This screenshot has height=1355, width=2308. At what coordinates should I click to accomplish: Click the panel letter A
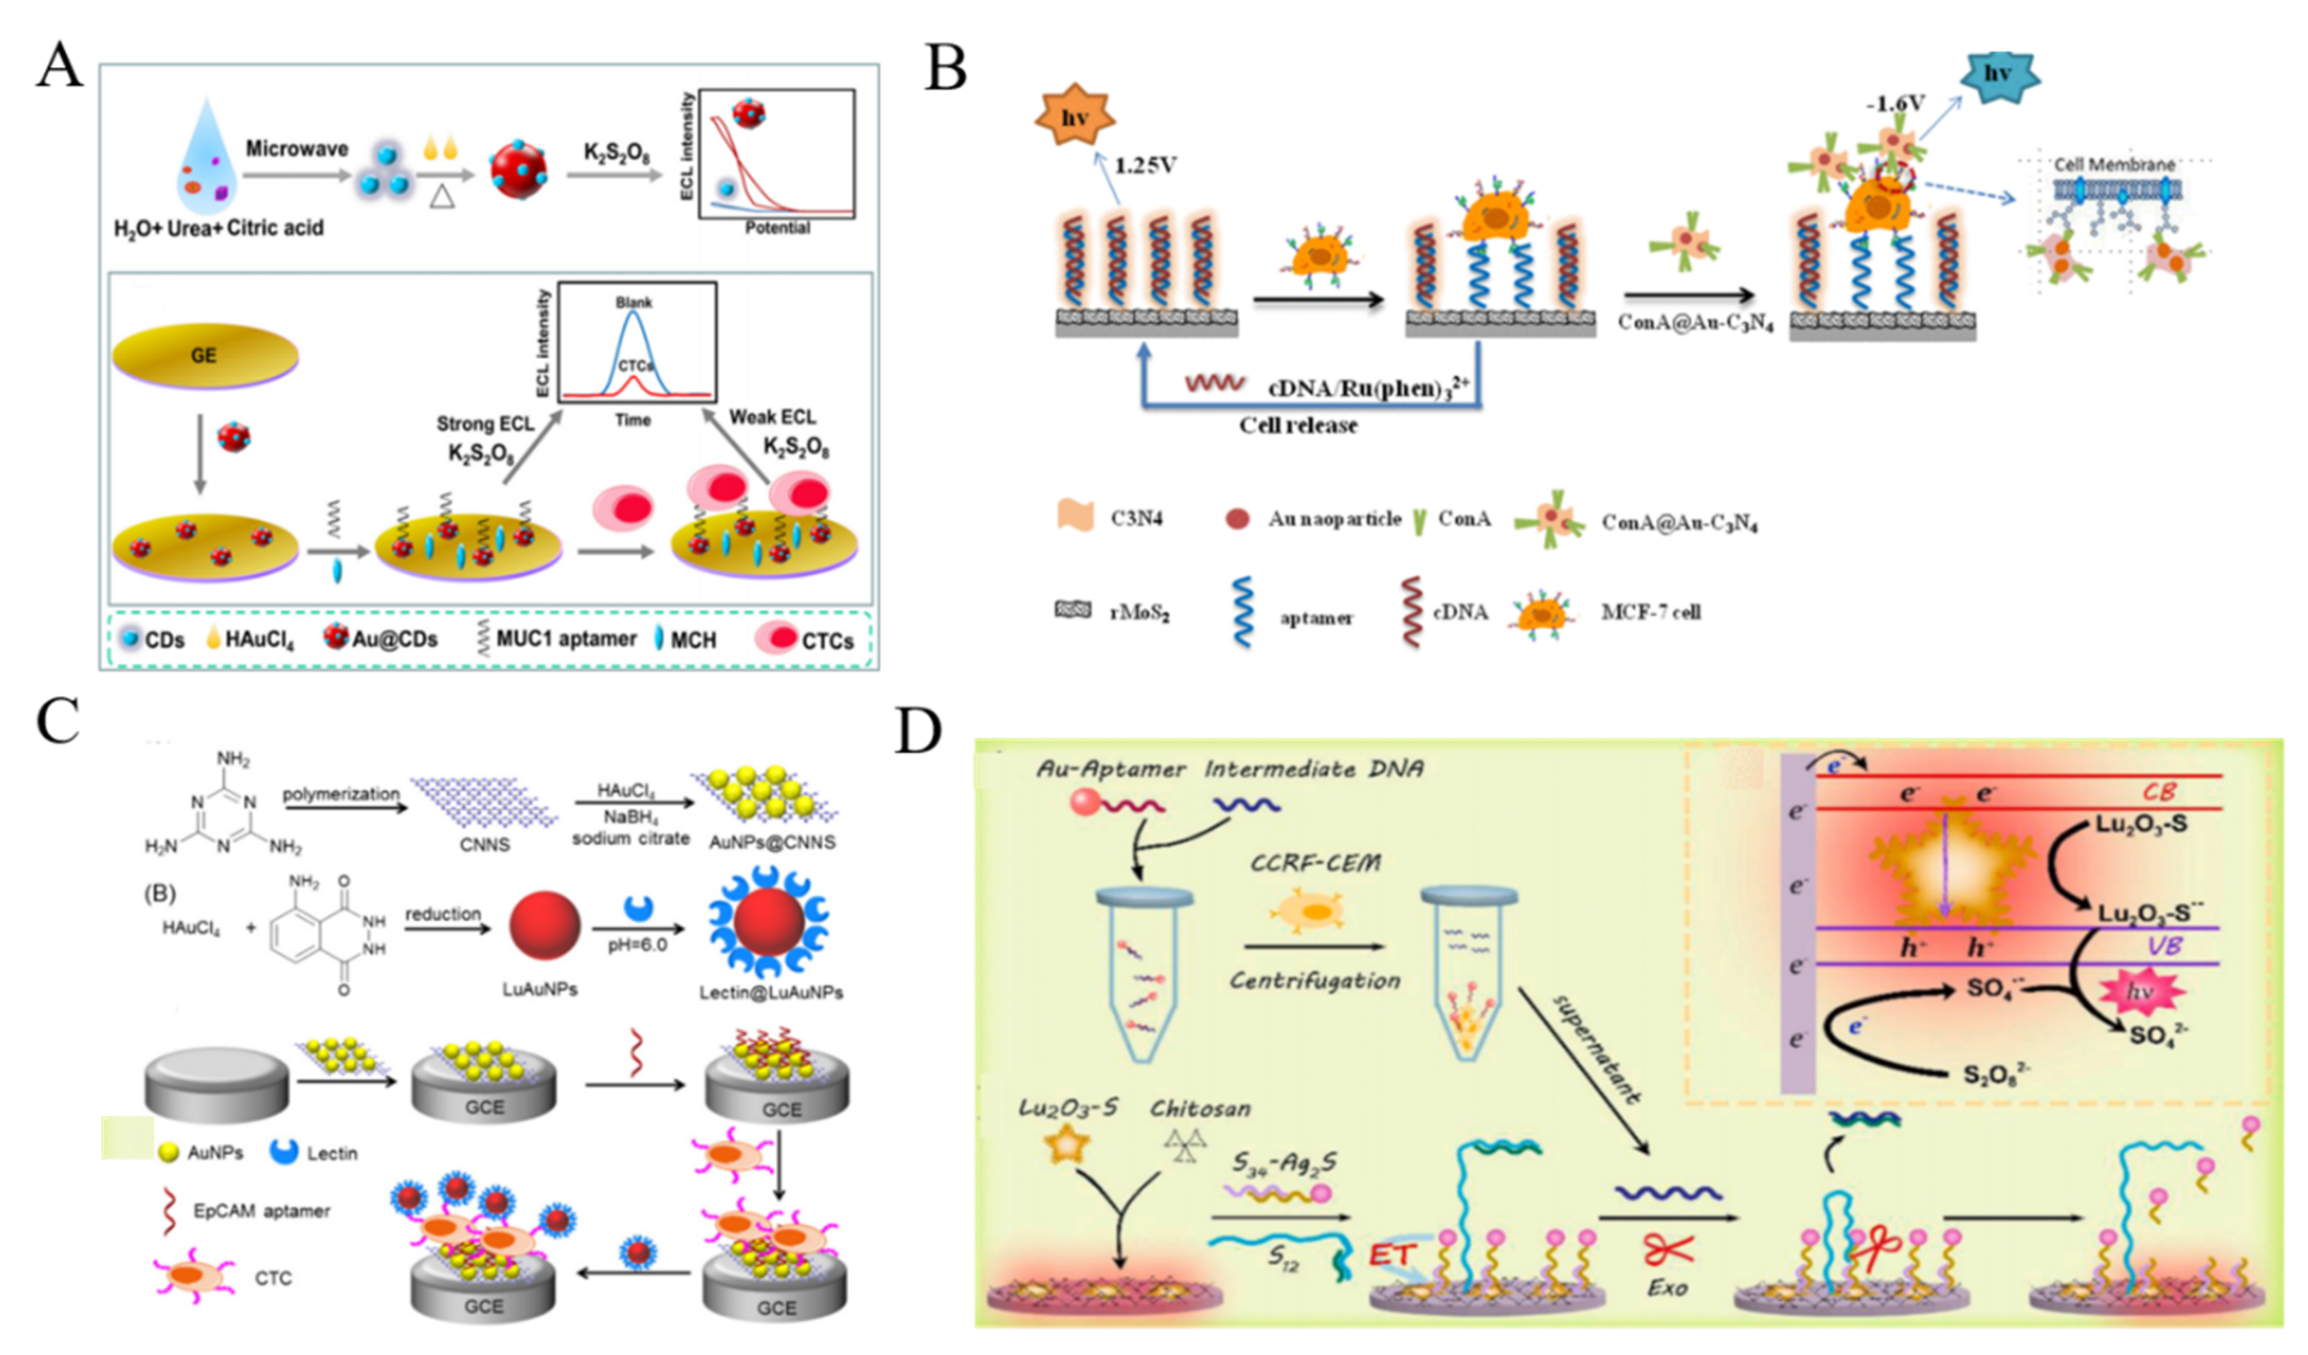pyautogui.click(x=58, y=66)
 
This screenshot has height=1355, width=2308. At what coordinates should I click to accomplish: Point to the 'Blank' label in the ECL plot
pyautogui.click(x=634, y=303)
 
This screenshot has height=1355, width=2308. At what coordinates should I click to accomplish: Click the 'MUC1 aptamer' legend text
pyautogui.click(x=565, y=639)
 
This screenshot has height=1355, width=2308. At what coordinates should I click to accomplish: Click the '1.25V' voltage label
pyautogui.click(x=1145, y=166)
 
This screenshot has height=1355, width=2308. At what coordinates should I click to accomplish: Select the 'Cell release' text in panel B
pyautogui.click(x=1298, y=425)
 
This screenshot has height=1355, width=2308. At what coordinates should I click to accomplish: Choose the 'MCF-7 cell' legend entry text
pyautogui.click(x=1650, y=612)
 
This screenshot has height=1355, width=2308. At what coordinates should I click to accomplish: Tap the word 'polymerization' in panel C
pyautogui.click(x=341, y=793)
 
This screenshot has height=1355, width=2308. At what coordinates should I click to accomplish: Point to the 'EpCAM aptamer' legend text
pyautogui.click(x=262, y=1211)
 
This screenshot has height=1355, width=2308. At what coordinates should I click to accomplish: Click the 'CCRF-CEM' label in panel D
pyautogui.click(x=1315, y=863)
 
